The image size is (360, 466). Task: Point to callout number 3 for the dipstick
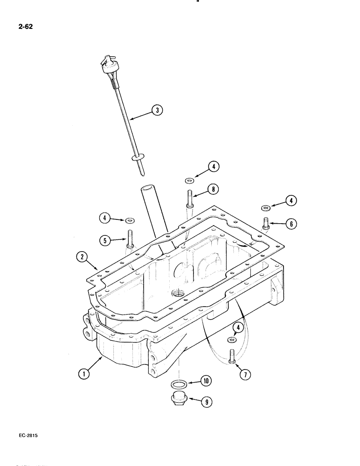tap(157, 110)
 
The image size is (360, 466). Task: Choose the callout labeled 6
tap(290, 224)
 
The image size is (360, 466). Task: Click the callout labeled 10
tap(206, 381)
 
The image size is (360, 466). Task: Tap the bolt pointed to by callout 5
tap(130, 240)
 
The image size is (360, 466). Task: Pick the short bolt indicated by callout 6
tap(266, 224)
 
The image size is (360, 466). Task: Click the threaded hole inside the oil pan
tap(178, 294)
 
